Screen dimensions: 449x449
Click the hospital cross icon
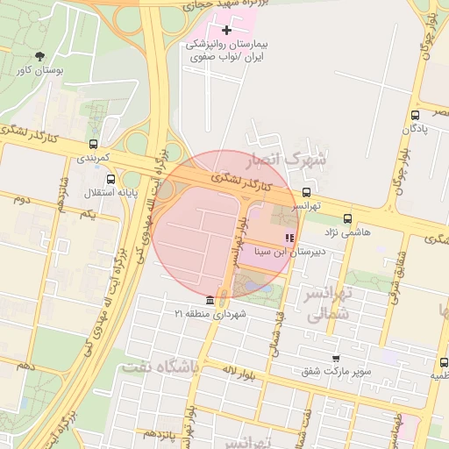click(227, 31)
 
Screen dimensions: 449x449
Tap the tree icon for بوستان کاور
click(37, 55)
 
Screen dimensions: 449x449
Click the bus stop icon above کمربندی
click(94, 145)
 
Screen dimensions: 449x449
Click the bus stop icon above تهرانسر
click(306, 192)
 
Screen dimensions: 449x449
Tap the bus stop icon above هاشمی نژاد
click(348, 219)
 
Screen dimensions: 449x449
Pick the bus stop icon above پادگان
click(415, 114)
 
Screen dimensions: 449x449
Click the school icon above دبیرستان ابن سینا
click(289, 238)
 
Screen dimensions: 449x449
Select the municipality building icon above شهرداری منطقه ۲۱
click(210, 301)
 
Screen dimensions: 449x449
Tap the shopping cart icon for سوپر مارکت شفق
click(336, 359)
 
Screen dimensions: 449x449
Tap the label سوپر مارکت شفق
click(336, 371)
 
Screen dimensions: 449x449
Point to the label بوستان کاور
click(37, 69)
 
